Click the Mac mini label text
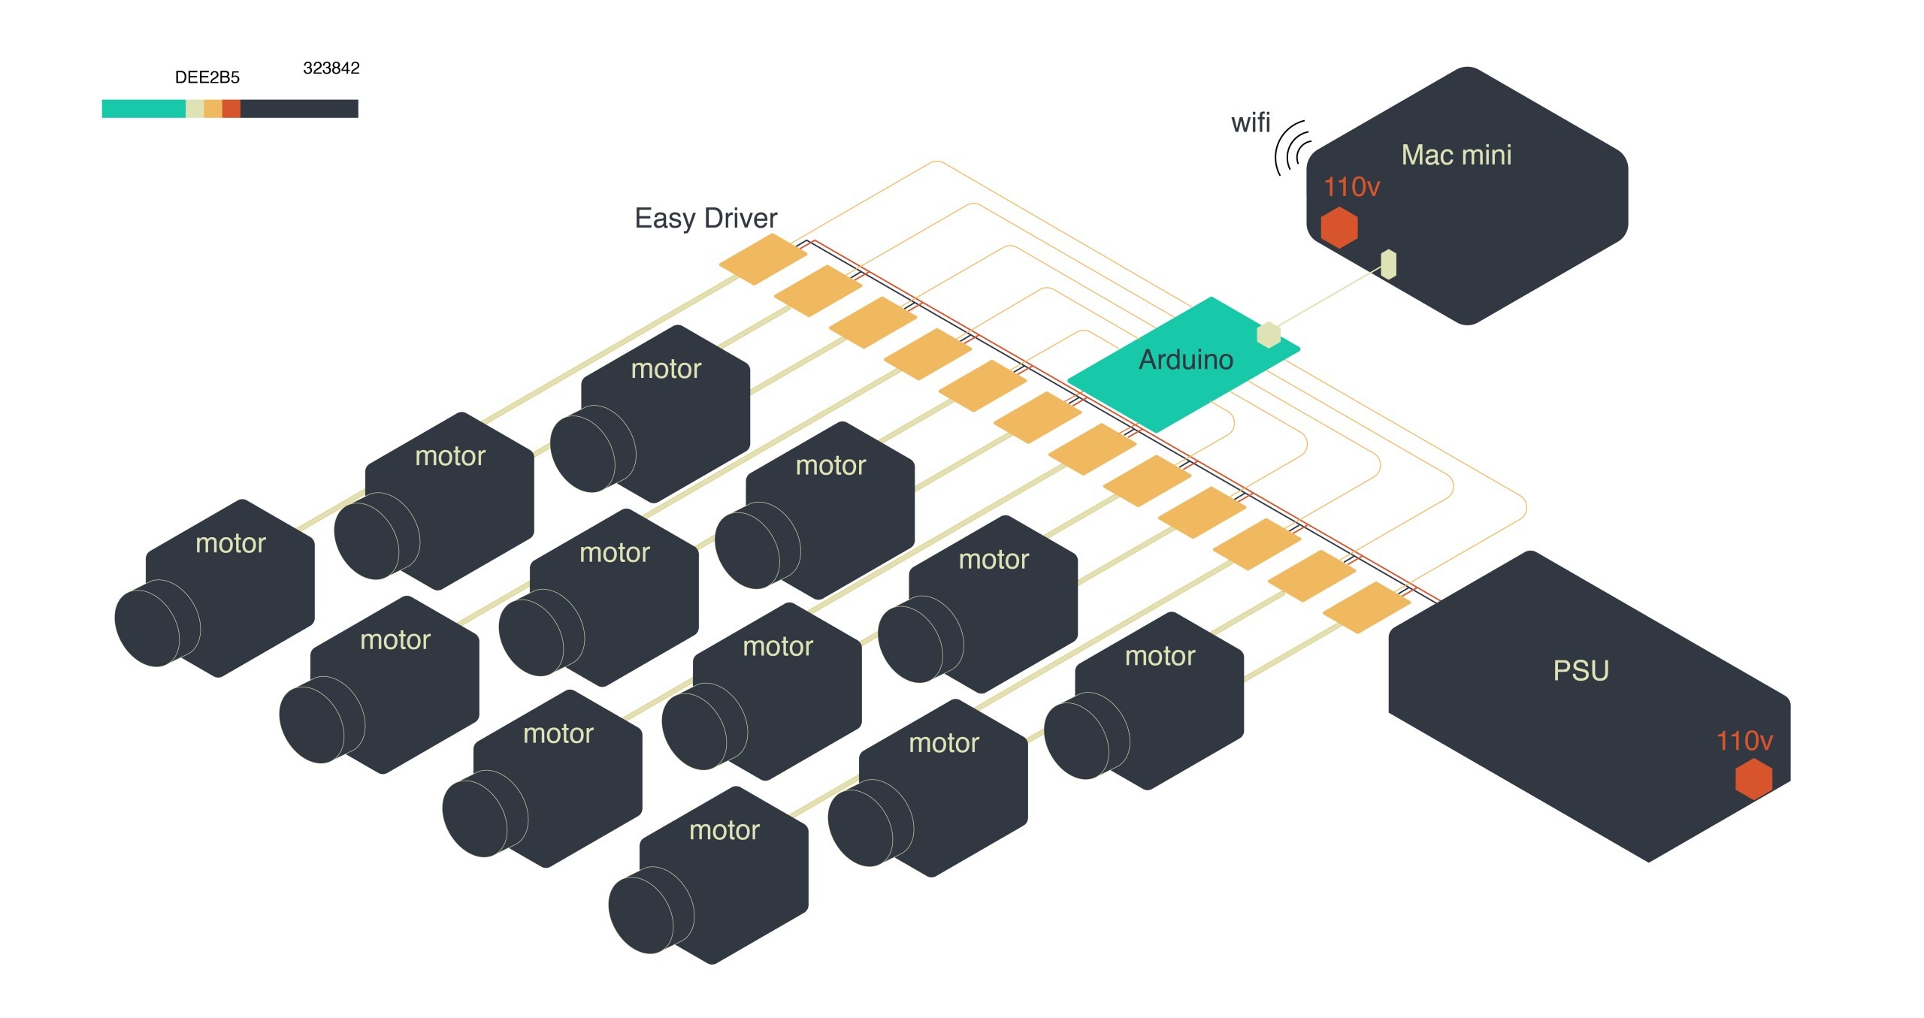pyautogui.click(x=1456, y=155)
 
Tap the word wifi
pyautogui.click(x=1250, y=122)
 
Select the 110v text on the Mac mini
pyautogui.click(x=1351, y=186)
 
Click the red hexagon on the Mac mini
pyautogui.click(x=1339, y=227)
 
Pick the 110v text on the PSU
pyautogui.click(x=1744, y=741)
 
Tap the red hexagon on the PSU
pyautogui.click(x=1753, y=778)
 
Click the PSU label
pyautogui.click(x=1581, y=670)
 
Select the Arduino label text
pyautogui.click(x=1186, y=360)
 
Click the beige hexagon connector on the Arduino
pyautogui.click(x=1269, y=334)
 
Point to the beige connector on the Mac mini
pyautogui.click(x=1389, y=264)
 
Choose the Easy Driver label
pyautogui.click(x=706, y=218)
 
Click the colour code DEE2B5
pyautogui.click(x=207, y=77)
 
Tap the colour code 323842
pyautogui.click(x=331, y=68)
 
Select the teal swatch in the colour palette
pyautogui.click(x=144, y=109)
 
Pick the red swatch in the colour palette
pyautogui.click(x=231, y=109)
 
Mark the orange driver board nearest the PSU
pyautogui.click(x=1366, y=607)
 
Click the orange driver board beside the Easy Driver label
pyautogui.click(x=763, y=259)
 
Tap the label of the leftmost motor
pyautogui.click(x=230, y=543)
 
